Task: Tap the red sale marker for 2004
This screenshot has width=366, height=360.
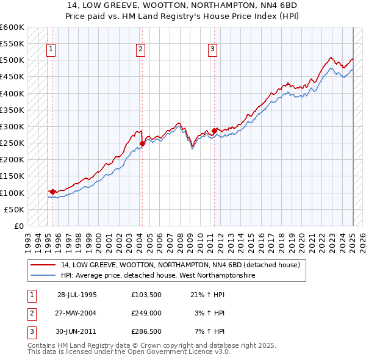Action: tap(142, 143)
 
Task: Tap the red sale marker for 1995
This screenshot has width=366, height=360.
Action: tap(52, 192)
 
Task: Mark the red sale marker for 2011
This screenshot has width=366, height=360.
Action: tap(214, 131)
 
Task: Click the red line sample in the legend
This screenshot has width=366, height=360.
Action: tap(43, 265)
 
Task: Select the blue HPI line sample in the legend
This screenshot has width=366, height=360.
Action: tap(43, 276)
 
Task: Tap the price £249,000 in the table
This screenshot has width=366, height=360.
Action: tap(146, 313)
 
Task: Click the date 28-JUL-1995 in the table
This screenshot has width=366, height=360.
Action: tap(77, 294)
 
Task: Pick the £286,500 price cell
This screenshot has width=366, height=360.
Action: tap(146, 332)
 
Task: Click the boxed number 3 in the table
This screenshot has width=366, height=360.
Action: tap(31, 332)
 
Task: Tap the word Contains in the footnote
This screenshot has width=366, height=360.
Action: tap(41, 345)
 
